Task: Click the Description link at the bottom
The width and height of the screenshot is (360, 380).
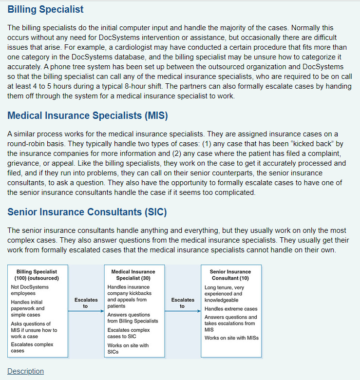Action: pyautogui.click(x=25, y=371)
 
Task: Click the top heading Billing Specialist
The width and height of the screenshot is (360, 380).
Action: pyautogui.click(x=45, y=9)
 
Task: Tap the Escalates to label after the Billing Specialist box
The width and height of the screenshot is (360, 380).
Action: pyautogui.click(x=86, y=303)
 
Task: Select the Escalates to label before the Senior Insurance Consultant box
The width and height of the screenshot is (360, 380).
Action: pyautogui.click(x=182, y=303)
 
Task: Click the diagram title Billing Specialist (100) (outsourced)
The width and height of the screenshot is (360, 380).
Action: pyautogui.click(x=37, y=275)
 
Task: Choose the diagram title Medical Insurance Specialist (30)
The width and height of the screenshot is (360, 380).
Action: pyautogui.click(x=133, y=275)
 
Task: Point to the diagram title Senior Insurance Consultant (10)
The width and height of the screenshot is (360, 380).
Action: pyautogui.click(x=230, y=275)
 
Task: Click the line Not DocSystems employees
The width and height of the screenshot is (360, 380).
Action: pyautogui.click(x=30, y=290)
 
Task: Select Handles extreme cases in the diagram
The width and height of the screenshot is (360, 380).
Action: pyautogui.click(x=231, y=309)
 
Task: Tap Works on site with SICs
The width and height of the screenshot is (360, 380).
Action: pyautogui.click(x=128, y=348)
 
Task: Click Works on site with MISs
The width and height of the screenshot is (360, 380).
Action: pyautogui.click(x=231, y=338)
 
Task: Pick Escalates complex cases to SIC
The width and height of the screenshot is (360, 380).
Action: pyautogui.click(x=129, y=333)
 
